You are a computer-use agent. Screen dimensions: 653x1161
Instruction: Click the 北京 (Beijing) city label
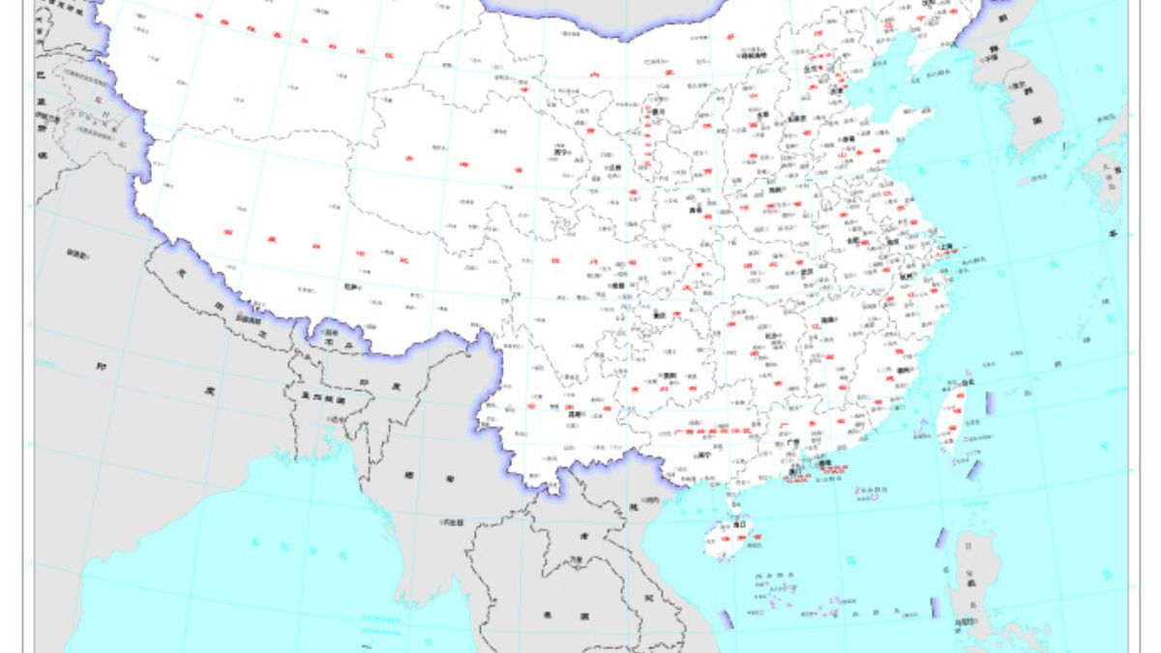(x=811, y=69)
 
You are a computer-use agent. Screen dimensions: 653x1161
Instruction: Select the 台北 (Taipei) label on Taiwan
(x=968, y=382)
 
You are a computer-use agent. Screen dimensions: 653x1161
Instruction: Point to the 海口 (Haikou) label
(x=739, y=524)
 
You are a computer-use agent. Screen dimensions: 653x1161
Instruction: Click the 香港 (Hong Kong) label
(x=824, y=463)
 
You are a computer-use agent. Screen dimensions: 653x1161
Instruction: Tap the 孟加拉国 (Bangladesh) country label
(x=322, y=397)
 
